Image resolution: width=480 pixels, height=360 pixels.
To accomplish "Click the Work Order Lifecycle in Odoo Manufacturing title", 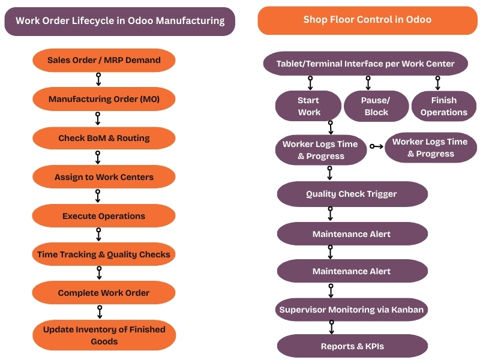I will (x=119, y=21).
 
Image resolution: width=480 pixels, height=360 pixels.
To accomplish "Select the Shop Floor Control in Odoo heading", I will (x=367, y=20).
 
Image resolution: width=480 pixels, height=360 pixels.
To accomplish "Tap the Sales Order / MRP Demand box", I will (x=104, y=61).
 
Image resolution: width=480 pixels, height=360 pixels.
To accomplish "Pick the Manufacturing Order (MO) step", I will (x=104, y=99).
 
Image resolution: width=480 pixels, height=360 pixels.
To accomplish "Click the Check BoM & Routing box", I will (x=104, y=138).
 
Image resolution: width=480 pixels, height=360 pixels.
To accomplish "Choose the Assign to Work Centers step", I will (x=104, y=177).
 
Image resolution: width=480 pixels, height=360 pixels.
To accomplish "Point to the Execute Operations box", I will (x=104, y=216).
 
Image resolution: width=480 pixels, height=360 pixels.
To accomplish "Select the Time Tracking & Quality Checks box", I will (x=104, y=254).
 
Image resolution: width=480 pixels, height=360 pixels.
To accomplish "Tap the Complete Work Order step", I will (x=104, y=293).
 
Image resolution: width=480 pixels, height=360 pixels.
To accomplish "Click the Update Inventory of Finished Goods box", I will (x=104, y=335).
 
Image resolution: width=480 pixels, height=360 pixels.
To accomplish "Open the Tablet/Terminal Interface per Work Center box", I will (x=365, y=64).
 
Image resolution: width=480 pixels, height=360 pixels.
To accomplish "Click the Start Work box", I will (x=308, y=106).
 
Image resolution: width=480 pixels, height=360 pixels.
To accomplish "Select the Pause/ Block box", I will (x=376, y=106).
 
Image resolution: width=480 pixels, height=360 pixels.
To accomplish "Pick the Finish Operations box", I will (x=443, y=106).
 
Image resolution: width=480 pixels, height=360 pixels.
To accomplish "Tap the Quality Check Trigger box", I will (x=352, y=194).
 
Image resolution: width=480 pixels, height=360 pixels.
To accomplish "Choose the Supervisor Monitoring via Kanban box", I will (x=352, y=310).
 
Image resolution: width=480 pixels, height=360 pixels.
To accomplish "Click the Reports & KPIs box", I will (x=352, y=346).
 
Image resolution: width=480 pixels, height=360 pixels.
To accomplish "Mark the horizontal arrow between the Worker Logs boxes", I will (x=376, y=146).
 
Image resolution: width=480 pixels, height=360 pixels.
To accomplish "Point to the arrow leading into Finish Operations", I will (x=437, y=83).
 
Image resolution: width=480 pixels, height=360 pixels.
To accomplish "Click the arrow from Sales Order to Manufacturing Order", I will (x=98, y=80).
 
